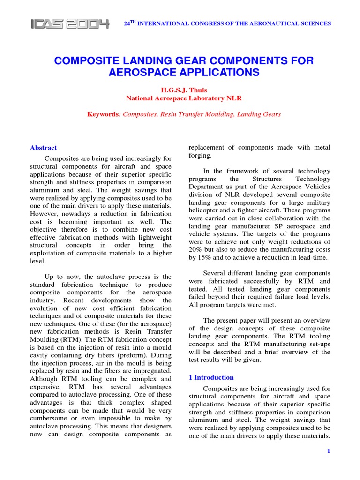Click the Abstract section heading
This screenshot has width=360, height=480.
coord(43,148)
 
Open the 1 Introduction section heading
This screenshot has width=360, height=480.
coord(210,377)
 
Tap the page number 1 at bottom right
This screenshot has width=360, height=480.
coord(329,451)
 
